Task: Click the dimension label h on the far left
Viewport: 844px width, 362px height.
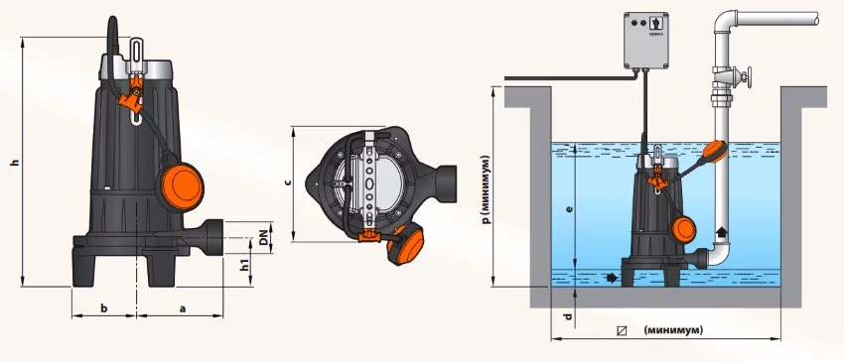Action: pyautogui.click(x=16, y=162)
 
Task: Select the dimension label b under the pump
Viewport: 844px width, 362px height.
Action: pyautogui.click(x=105, y=308)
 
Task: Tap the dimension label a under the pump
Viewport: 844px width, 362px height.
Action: pyautogui.click(x=183, y=308)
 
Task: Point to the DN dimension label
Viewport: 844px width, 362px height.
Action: pyautogui.click(x=263, y=237)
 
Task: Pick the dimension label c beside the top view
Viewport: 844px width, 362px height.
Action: pyautogui.click(x=288, y=182)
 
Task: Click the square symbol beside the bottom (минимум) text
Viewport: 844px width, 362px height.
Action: pyautogui.click(x=623, y=330)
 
